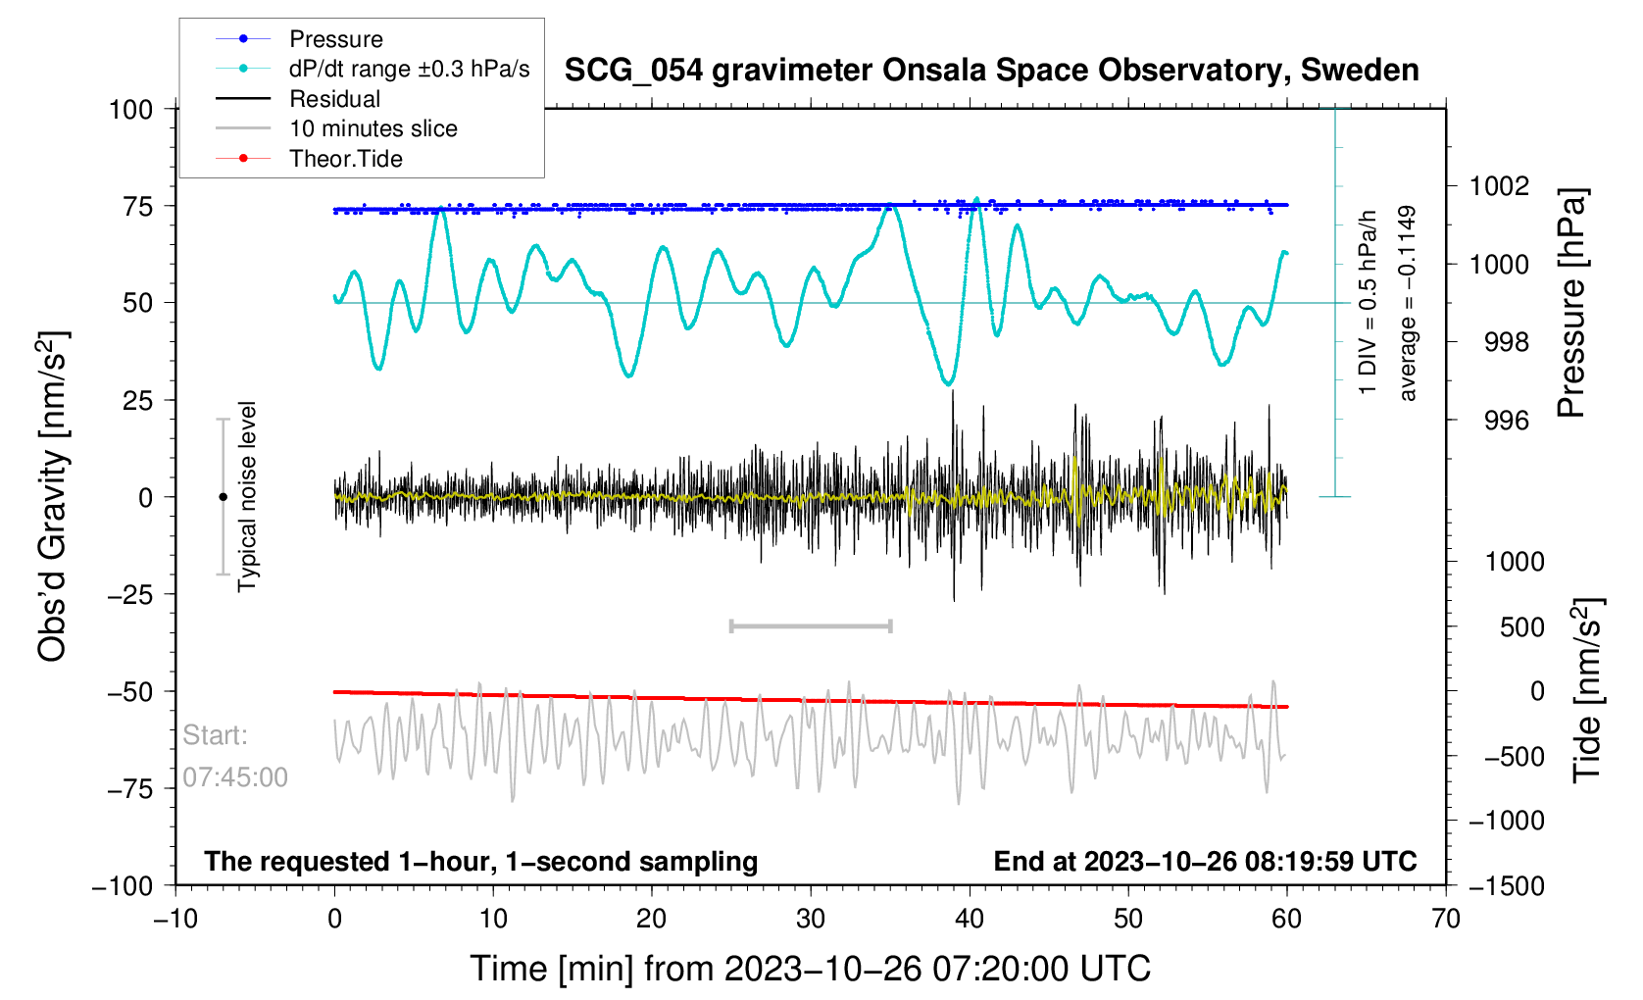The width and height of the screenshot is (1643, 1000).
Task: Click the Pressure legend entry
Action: point(335,39)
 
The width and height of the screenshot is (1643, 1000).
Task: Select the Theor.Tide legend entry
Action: point(345,159)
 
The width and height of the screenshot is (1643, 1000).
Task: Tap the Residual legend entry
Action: point(334,99)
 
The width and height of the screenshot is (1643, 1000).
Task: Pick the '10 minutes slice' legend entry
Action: point(373,128)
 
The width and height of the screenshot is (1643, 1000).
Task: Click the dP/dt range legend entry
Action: point(409,69)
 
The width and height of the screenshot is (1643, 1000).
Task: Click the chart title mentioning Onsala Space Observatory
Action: point(991,71)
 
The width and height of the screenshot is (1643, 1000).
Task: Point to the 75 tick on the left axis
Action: point(137,206)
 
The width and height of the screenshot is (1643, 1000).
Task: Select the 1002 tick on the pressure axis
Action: point(1499,186)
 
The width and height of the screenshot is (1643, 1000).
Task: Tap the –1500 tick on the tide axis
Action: point(1505,886)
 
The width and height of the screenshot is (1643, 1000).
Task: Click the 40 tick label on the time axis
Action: point(969,919)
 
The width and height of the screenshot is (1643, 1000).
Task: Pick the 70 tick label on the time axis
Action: point(1445,919)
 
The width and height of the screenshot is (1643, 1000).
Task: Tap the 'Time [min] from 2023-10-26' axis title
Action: point(810,969)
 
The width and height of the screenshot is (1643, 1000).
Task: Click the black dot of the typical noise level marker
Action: point(223,497)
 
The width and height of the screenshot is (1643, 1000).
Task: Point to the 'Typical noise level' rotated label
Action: point(247,496)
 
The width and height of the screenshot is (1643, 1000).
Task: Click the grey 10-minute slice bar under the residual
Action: point(811,626)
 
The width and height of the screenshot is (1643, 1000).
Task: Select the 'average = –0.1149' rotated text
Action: point(1408,303)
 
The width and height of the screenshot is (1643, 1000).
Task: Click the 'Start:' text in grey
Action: point(216,735)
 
